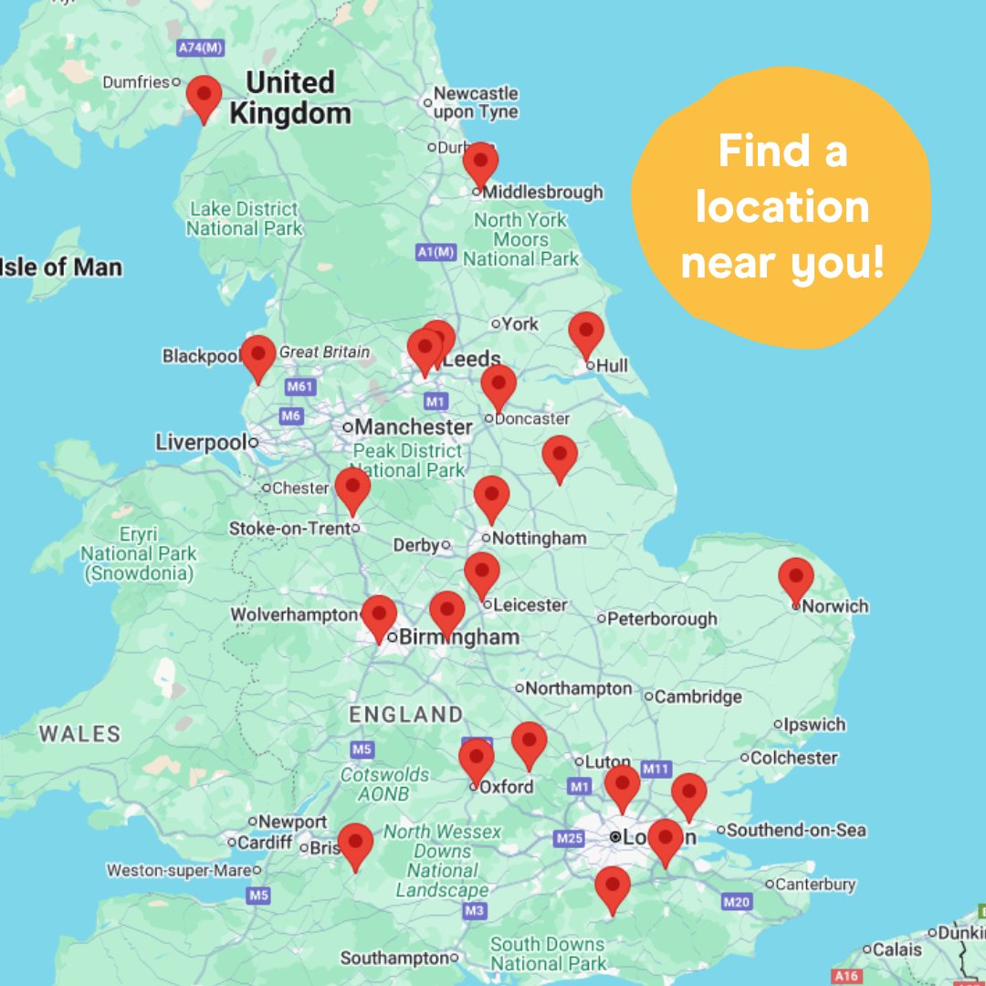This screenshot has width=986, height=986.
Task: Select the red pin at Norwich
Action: click(x=796, y=578)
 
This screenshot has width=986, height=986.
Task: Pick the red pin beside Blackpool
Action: click(x=258, y=355)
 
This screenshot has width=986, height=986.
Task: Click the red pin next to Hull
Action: click(x=586, y=332)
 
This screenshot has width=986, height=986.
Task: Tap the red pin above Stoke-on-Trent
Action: click(x=352, y=488)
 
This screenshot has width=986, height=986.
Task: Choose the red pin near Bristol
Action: click(x=355, y=844)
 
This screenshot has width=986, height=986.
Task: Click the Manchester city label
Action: click(x=414, y=426)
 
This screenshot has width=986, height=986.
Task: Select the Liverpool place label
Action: click(x=201, y=443)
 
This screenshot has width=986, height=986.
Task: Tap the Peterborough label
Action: click(x=662, y=619)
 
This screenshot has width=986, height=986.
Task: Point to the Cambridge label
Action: click(x=698, y=697)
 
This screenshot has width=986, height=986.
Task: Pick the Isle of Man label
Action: click(x=60, y=267)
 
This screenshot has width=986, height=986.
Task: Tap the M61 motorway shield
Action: click(x=299, y=387)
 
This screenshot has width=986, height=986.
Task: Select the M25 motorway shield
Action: click(x=570, y=838)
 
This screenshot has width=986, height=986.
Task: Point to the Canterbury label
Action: click(x=815, y=884)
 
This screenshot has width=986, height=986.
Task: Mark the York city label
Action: click(x=520, y=323)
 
